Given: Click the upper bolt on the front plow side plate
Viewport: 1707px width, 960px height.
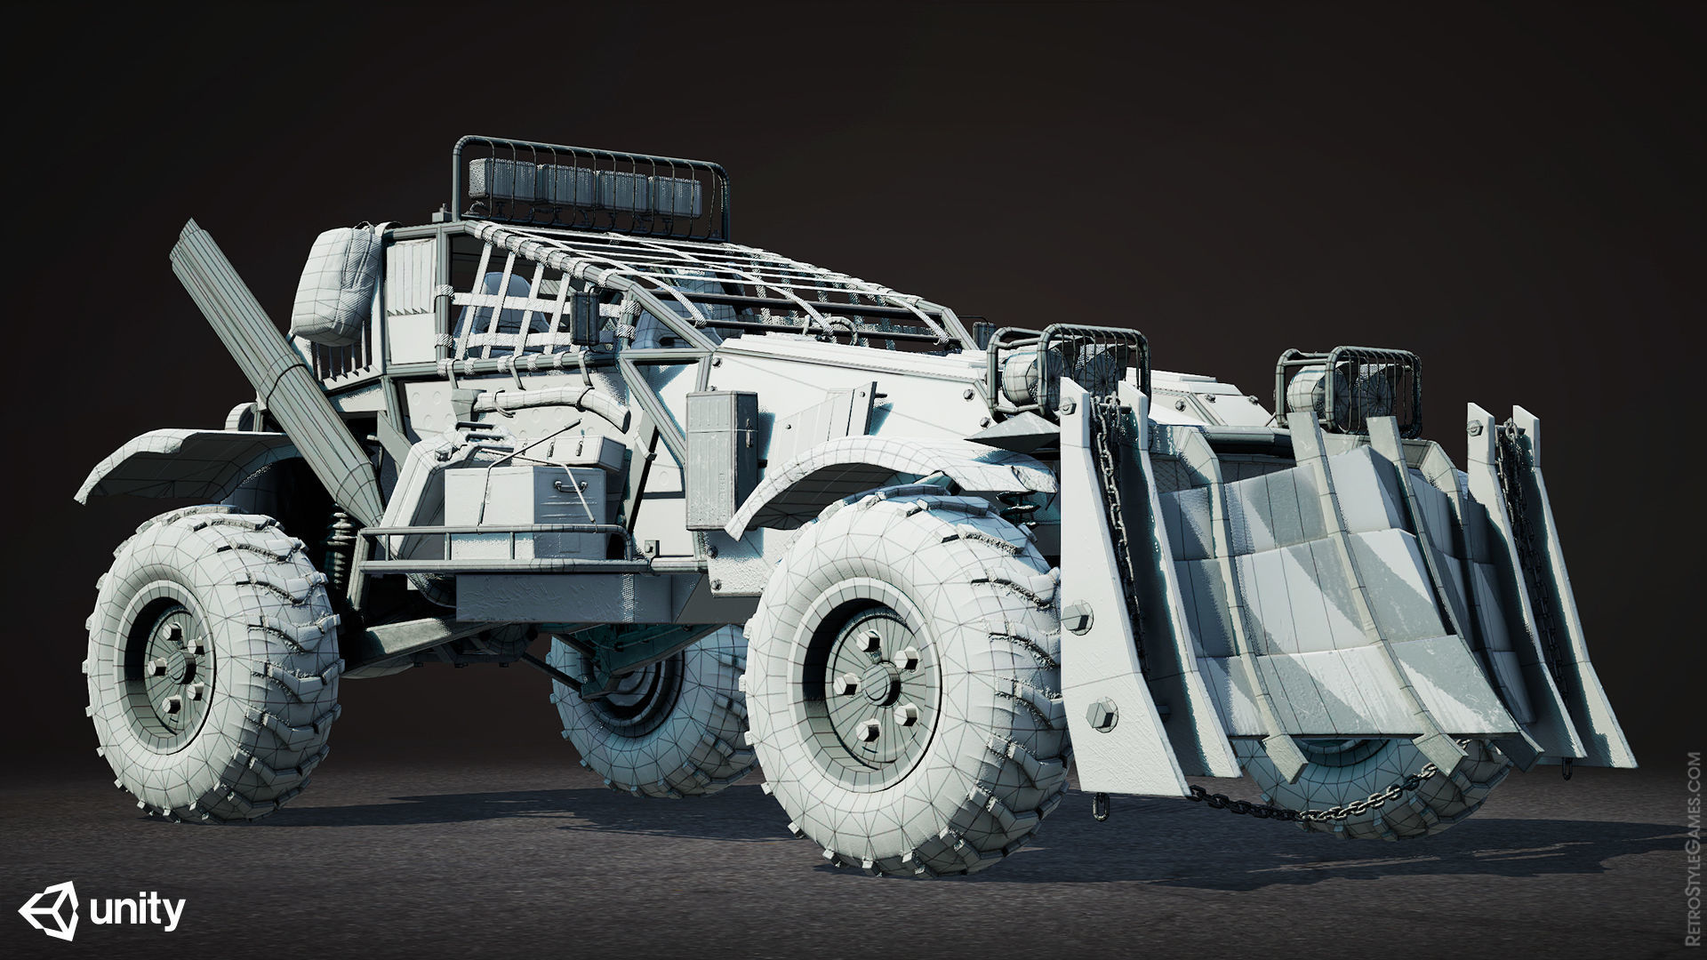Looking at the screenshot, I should point(1078,615).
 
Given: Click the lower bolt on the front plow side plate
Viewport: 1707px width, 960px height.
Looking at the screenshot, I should point(1102,714).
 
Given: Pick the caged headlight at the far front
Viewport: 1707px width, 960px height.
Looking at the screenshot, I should point(1351,382).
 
